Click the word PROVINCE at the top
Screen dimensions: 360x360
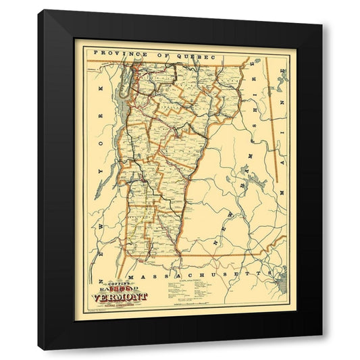pyautogui.click(x=119, y=53)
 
